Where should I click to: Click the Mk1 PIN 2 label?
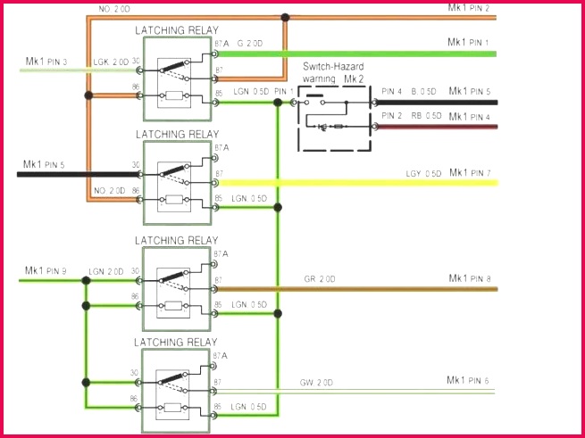pyautogui.click(x=468, y=7)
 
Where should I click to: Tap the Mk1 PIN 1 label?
pyautogui.click(x=468, y=42)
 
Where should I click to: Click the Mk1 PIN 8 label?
pyautogui.click(x=468, y=279)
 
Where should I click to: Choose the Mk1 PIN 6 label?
pyautogui.click(x=468, y=381)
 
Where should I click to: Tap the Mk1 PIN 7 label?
pyautogui.click(x=468, y=172)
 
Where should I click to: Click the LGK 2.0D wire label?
pyautogui.click(x=108, y=62)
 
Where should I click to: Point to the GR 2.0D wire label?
pyautogui.click(x=318, y=279)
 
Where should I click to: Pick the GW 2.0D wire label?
pyautogui.click(x=317, y=382)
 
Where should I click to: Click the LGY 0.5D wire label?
pyautogui.click(x=423, y=173)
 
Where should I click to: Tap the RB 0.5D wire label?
pyautogui.click(x=426, y=116)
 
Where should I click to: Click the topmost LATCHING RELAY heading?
pyautogui.click(x=176, y=30)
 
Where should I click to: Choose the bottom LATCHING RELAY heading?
pyautogui.click(x=176, y=342)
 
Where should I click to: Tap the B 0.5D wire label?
pyautogui.click(x=423, y=91)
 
